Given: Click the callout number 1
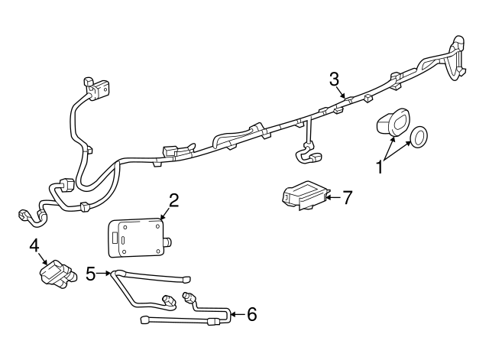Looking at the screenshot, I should (x=380, y=167).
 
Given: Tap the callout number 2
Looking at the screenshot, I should (x=173, y=200).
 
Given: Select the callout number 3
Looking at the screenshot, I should (x=334, y=78).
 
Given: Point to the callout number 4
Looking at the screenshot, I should (x=34, y=245).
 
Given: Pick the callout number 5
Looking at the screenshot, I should (x=92, y=272).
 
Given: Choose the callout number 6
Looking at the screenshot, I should (x=252, y=313).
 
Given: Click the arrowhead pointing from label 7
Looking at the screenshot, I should (x=329, y=197).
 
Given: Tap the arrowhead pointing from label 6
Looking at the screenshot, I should (x=232, y=313).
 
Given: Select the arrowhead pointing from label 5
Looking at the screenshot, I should (x=109, y=272).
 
